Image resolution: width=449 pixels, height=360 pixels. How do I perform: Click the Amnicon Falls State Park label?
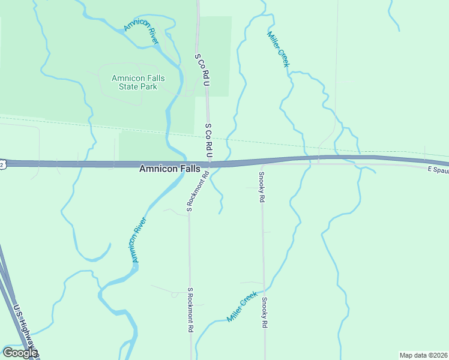click(137, 82)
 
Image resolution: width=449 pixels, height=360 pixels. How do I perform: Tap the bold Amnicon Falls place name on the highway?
click(169, 169)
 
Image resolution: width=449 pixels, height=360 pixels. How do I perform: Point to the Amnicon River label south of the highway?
click(139, 239)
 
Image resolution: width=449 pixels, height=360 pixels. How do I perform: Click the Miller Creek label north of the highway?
click(278, 49)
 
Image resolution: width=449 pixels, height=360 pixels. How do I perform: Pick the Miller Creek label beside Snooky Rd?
click(242, 307)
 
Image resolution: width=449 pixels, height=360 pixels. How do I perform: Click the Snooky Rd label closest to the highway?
click(262, 187)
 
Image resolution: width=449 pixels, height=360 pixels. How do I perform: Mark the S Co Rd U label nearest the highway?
click(209, 141)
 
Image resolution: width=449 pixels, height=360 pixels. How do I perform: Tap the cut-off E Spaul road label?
click(438, 170)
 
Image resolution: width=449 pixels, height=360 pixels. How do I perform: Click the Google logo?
click(19, 353)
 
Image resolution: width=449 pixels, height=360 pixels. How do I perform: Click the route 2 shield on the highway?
click(2, 164)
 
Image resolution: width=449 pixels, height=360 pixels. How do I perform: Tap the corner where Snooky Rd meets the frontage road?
click(262, 165)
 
